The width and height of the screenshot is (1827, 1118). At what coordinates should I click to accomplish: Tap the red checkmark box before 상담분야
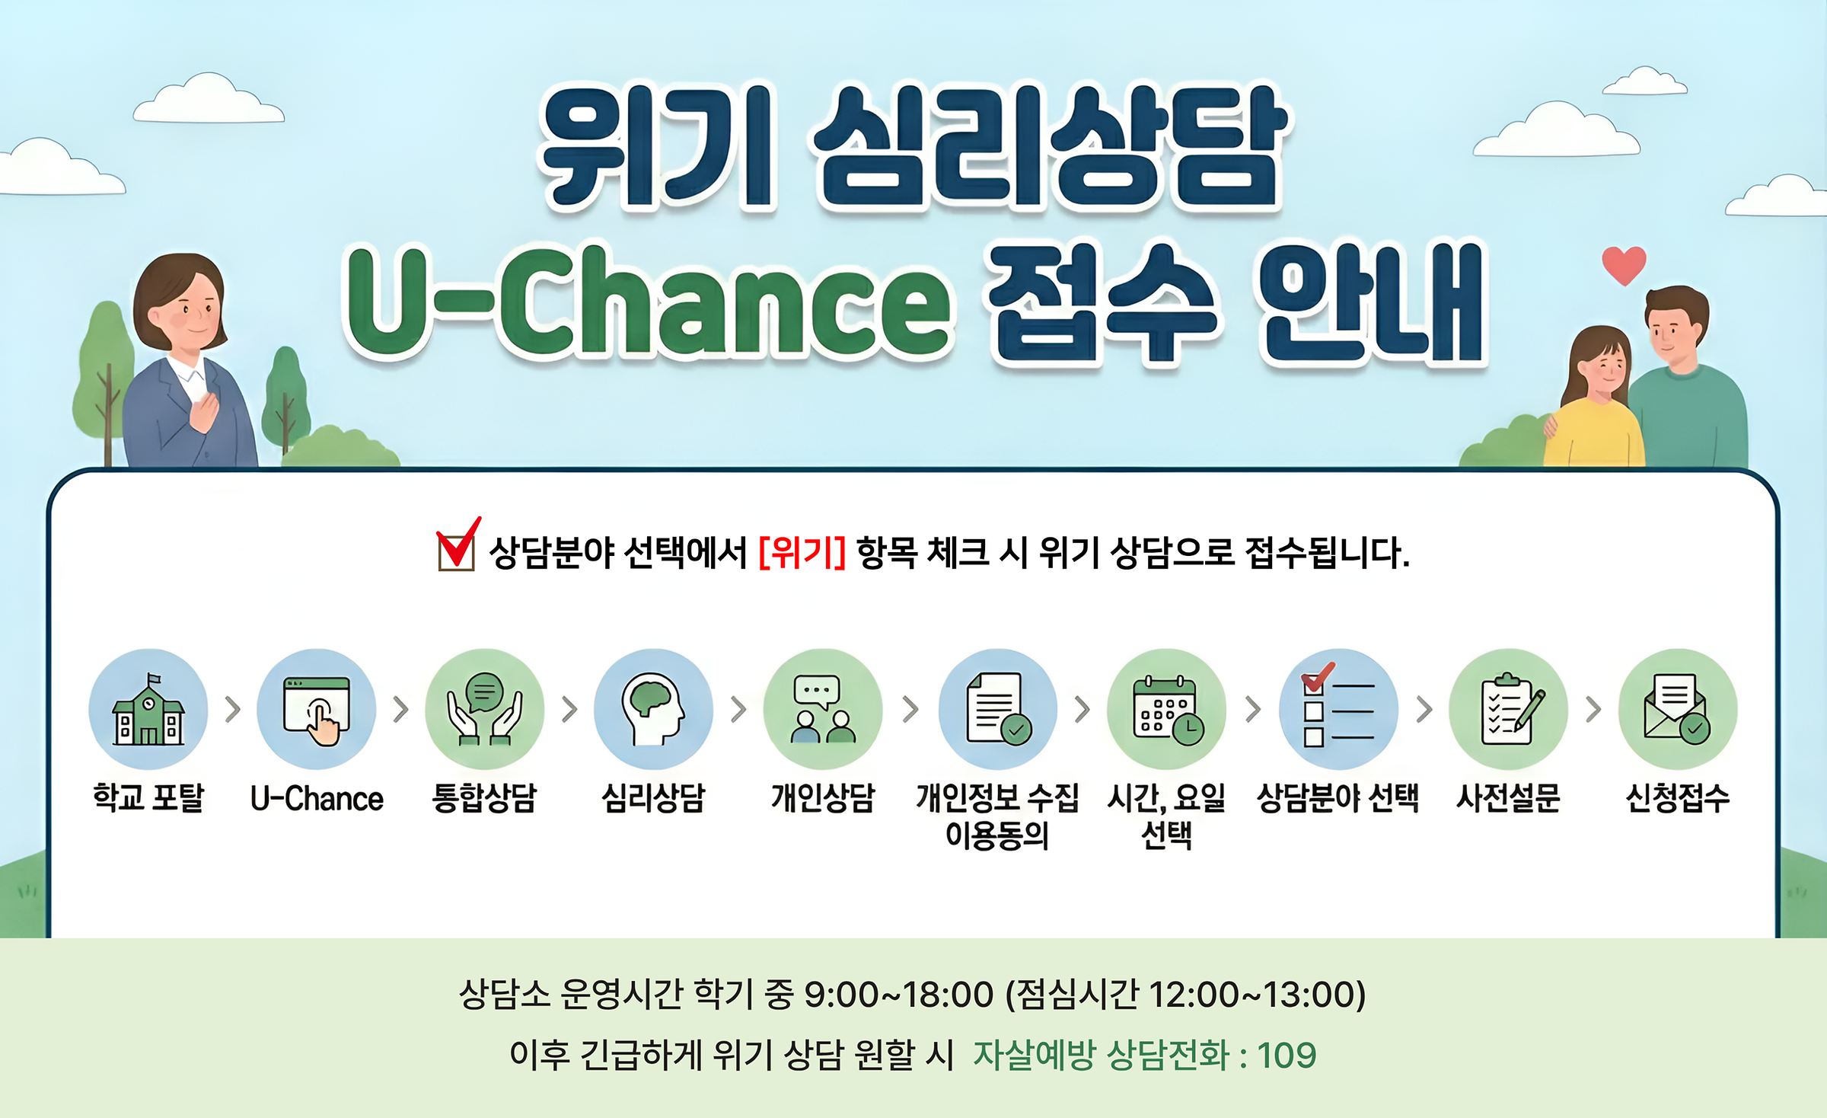[x=458, y=545]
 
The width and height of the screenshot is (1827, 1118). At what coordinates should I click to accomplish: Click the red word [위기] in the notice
[x=802, y=552]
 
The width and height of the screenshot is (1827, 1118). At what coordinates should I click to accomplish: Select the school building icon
[x=148, y=709]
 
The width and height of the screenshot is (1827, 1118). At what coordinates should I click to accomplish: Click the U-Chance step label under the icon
[x=317, y=799]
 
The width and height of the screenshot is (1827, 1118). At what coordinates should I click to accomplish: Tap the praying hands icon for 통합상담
[x=485, y=709]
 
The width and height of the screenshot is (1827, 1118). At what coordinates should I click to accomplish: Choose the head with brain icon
[x=653, y=709]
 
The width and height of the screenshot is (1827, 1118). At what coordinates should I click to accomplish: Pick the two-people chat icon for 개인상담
[x=823, y=709]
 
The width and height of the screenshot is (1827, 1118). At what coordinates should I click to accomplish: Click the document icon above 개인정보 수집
[x=998, y=709]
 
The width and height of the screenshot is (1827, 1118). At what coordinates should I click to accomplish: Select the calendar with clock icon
[x=1166, y=709]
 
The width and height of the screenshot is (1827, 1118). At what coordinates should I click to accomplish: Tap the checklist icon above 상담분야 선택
[x=1338, y=709]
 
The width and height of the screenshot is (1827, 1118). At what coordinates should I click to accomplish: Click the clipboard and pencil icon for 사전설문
[x=1508, y=709]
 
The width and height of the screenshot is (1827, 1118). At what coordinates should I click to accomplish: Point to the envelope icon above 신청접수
[x=1678, y=709]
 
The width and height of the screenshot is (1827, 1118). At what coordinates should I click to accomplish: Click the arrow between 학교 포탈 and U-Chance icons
[x=233, y=709]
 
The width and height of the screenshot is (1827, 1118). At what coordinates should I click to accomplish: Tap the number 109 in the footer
[x=1287, y=1056]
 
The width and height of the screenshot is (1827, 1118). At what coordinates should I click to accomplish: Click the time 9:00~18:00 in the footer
[x=899, y=995]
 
